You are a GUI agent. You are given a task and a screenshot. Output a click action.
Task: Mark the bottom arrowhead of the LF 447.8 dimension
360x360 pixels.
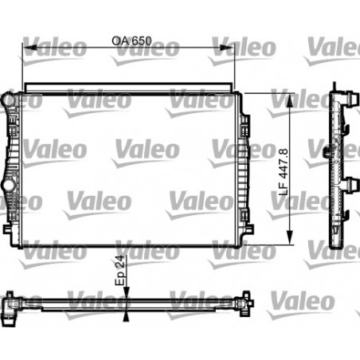(288, 238)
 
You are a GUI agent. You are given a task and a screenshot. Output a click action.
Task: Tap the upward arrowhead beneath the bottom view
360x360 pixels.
(125, 316)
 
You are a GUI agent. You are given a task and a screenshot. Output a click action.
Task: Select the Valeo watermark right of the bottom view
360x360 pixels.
(304, 301)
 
